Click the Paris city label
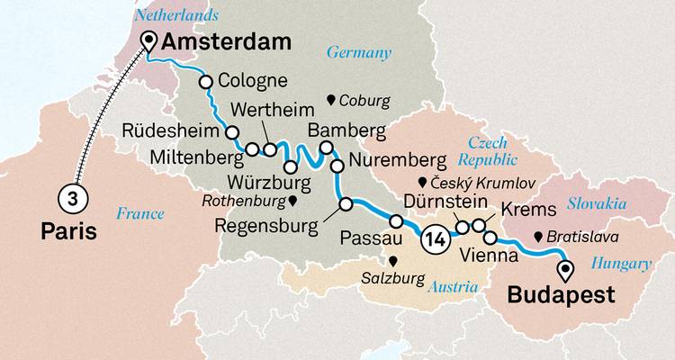[68, 232]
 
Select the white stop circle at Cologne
[205, 82]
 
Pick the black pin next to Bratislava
[537, 238]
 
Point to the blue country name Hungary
[621, 263]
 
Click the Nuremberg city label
[396, 161]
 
